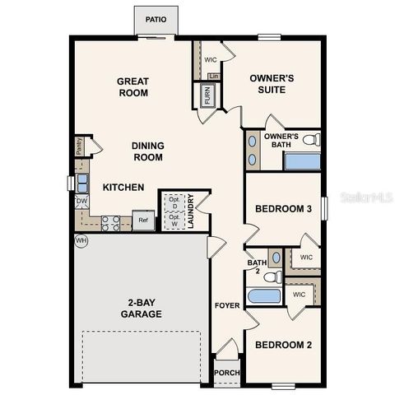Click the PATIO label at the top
coord(156,18)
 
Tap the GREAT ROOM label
coord(132,86)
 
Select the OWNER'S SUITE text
coord(271,84)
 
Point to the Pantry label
coord(79,146)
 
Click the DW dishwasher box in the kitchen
coord(82,202)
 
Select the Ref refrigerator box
coord(144,220)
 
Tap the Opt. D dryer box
coord(173,202)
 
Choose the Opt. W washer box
coord(173,221)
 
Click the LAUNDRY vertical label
coord(191,211)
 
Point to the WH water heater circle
coord(81,240)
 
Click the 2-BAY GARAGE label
coord(138,308)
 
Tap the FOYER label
coord(228,304)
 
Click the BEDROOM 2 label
coord(282,345)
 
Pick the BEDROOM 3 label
coord(282,210)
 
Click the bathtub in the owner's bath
coord(302,160)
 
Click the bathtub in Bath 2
coord(265,295)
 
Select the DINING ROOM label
coord(148,151)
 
